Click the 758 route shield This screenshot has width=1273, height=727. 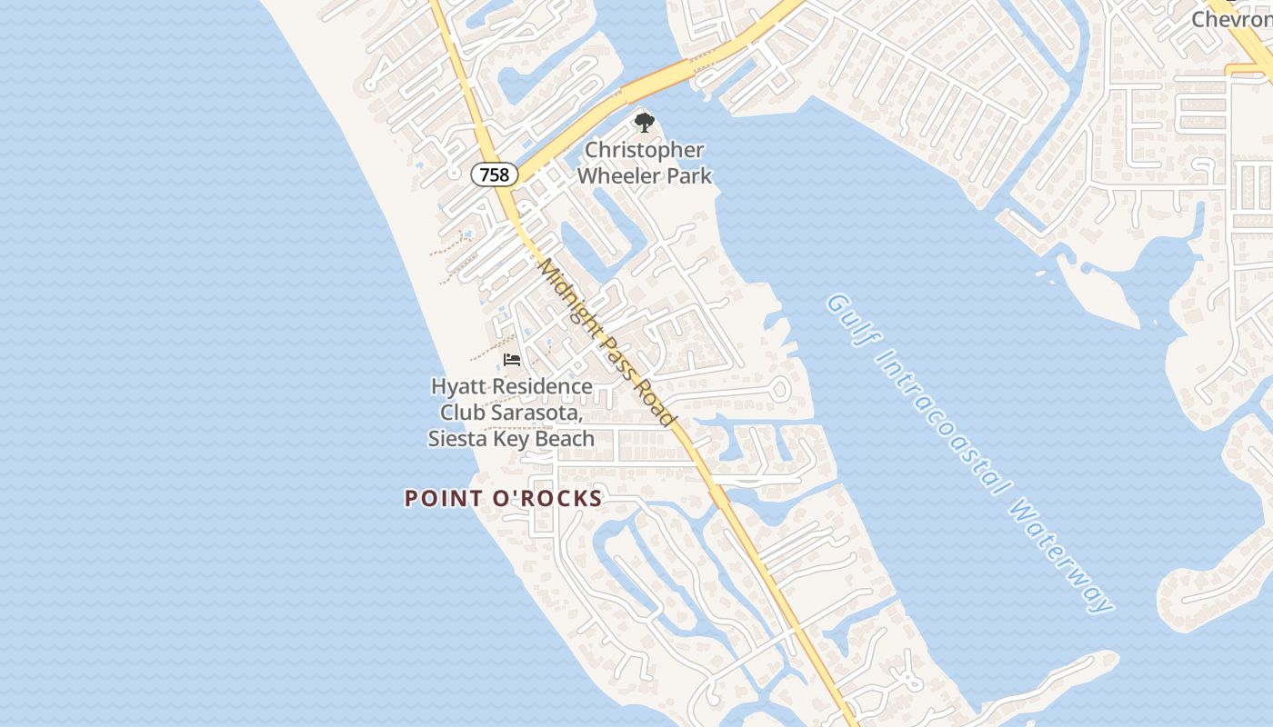(495, 174)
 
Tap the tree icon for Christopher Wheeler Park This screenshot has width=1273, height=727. (644, 122)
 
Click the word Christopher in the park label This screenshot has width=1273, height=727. (645, 150)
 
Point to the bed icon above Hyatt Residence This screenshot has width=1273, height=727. (512, 361)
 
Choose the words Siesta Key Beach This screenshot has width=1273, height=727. (511, 439)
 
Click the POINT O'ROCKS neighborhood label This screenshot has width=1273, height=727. (503, 498)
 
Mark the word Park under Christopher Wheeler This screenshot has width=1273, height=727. (691, 175)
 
